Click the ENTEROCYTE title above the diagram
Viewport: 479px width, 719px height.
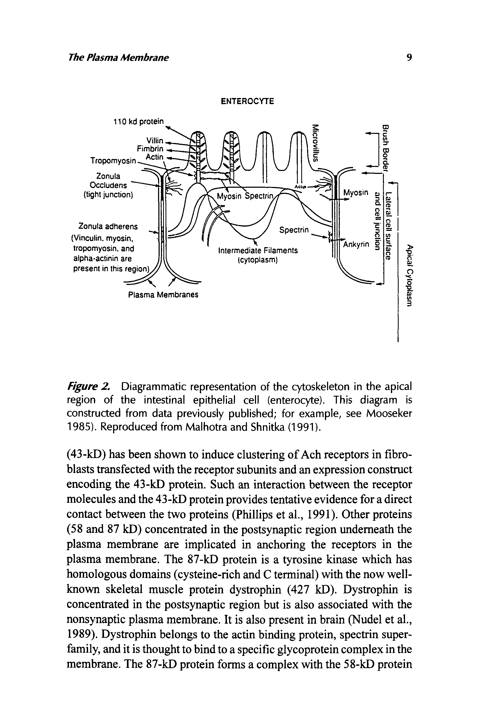[247, 101]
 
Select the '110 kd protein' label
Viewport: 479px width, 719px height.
[138, 122]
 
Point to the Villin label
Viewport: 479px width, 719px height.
[155, 141]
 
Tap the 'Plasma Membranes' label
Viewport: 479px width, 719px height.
[163, 295]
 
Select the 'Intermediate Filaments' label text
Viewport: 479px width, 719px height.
[258, 251]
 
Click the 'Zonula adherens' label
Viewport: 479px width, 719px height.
[108, 227]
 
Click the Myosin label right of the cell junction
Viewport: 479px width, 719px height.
[355, 193]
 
